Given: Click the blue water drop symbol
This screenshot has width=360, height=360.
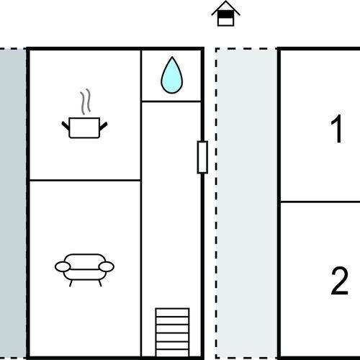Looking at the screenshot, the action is coord(171,76).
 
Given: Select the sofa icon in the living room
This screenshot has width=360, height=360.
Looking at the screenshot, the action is coord(84,269).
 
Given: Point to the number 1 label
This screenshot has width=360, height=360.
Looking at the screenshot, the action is coord(337,129).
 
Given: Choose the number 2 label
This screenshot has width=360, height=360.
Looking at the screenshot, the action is coord(339,281).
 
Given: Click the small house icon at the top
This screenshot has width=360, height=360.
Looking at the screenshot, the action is coord(225,13).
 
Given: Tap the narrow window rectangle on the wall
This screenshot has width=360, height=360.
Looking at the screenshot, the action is coord(202,157).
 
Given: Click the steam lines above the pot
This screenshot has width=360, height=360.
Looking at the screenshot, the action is coord(86,102).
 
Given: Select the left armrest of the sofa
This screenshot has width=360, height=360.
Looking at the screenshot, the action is coord(63,266).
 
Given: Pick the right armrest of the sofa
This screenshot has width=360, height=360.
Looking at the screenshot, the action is coord(106,266).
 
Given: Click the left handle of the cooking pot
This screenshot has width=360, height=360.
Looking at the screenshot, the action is coord(66,125).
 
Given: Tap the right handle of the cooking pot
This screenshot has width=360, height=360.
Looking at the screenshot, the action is coord(104,126).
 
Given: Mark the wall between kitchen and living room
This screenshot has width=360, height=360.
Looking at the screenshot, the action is coord(85,180).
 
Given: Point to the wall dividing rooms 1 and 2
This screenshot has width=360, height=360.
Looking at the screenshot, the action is coord(320,202).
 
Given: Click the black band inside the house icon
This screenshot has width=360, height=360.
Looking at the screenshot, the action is coord(225,15).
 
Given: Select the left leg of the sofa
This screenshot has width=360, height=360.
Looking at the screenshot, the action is coord(71,283).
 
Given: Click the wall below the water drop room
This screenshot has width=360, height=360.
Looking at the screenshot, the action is coord(171,102).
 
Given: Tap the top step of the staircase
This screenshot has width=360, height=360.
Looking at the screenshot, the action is coord(172,312).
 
